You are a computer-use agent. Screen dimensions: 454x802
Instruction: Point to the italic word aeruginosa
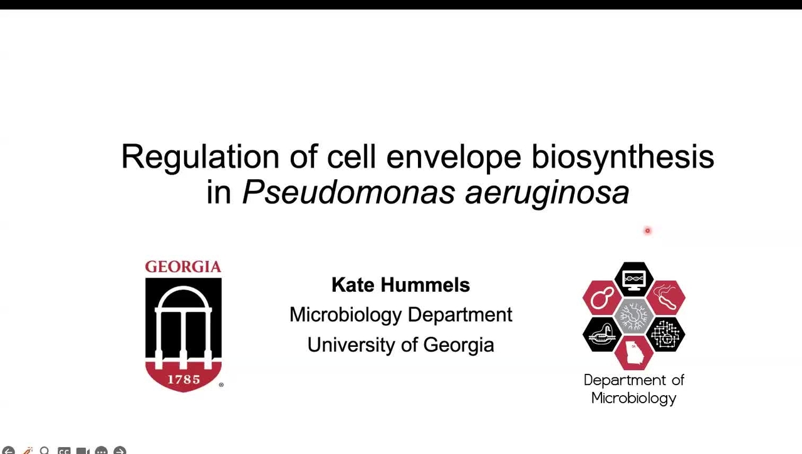(x=546, y=192)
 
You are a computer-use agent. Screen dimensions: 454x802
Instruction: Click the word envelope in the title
(x=453, y=157)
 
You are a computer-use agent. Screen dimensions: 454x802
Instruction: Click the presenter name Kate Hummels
(x=400, y=285)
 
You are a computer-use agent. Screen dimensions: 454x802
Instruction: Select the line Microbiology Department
(x=400, y=314)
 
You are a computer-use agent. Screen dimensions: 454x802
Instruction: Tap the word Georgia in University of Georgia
(x=459, y=344)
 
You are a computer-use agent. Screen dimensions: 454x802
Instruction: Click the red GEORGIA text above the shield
(x=183, y=267)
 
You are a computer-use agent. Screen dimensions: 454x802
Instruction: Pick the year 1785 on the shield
(x=183, y=379)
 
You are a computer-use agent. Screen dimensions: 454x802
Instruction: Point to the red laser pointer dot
(x=647, y=231)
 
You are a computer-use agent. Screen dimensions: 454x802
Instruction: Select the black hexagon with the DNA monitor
(x=633, y=279)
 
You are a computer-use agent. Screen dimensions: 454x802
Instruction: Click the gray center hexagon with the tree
(x=633, y=316)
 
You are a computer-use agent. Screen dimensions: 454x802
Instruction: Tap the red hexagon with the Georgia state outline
(x=633, y=352)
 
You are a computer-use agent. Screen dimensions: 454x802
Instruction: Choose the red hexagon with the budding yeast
(x=602, y=297)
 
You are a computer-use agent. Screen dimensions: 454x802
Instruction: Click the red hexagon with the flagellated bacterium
(x=665, y=297)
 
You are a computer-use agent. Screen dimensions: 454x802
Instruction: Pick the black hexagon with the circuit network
(x=665, y=334)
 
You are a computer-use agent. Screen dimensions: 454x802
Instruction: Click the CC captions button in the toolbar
(x=64, y=450)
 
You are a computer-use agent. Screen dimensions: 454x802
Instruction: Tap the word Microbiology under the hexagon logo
(x=633, y=398)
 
